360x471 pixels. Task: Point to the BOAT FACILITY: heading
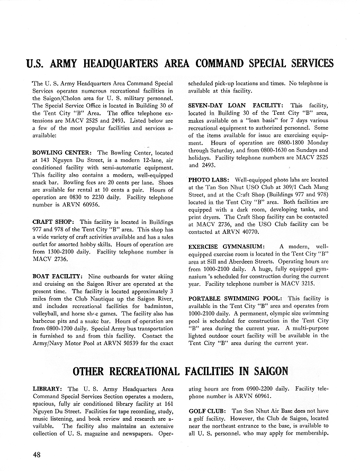coord(57,276)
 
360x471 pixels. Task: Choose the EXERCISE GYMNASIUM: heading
coord(228,247)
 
